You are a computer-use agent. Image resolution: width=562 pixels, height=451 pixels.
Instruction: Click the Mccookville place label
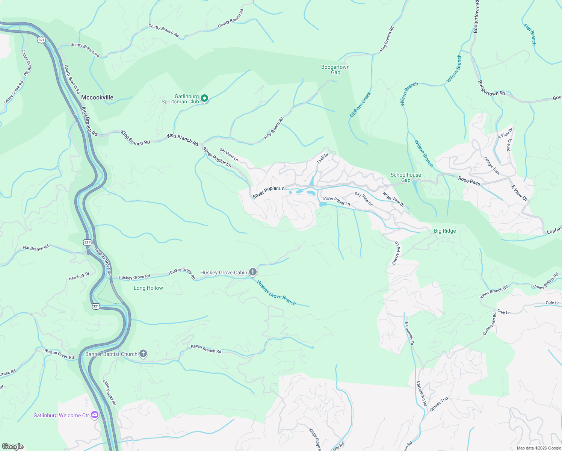point(97,97)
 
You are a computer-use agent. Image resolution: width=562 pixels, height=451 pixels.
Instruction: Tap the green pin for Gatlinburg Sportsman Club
point(204,98)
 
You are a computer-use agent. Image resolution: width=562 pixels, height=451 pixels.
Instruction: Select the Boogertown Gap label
point(335,70)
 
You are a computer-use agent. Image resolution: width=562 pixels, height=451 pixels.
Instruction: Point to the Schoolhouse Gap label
point(406,177)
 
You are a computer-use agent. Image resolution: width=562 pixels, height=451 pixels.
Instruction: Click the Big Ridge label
point(445,231)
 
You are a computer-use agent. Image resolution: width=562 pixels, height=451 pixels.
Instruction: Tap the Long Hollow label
point(148,288)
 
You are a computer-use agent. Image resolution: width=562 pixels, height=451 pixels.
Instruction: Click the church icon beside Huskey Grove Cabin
point(253,272)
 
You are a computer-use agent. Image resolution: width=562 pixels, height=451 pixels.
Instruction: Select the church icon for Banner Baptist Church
point(143,354)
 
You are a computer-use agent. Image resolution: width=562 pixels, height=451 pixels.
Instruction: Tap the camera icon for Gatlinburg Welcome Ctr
point(95,415)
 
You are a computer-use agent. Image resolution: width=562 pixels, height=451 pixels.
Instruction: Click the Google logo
point(13,446)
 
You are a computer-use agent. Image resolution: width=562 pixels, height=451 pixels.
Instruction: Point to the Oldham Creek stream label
point(360,104)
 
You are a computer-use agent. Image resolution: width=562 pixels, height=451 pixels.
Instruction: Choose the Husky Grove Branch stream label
point(276,292)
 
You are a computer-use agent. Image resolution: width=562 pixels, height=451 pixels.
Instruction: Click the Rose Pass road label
point(469,181)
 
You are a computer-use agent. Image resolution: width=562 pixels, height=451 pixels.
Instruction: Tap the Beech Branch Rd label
point(206,349)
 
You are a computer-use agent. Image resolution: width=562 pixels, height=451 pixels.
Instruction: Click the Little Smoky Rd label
point(109,392)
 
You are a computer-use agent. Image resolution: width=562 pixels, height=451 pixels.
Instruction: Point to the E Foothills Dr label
point(409,333)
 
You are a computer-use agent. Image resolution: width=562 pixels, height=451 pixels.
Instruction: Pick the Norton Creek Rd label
point(59,354)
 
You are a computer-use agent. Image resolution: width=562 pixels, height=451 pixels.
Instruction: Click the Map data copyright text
point(539,448)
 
